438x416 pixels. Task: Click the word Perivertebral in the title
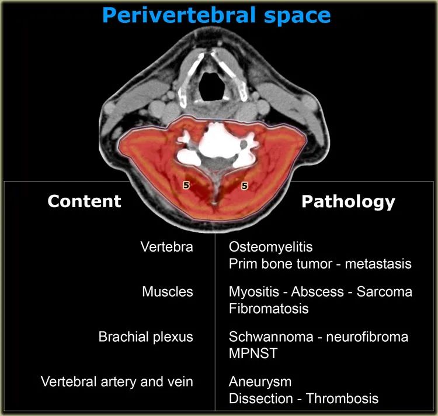pos(179,15)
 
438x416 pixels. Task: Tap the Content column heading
pos(84,201)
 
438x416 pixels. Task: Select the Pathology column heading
pos(348,201)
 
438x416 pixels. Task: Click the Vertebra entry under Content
pos(167,247)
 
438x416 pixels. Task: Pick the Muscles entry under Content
pos(168,292)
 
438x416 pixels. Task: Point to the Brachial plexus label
pos(146,337)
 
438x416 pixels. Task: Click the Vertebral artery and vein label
pos(117,381)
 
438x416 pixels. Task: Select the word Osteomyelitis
pos(270,247)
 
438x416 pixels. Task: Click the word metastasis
pos(378,264)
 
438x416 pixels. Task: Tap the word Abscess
pos(317,292)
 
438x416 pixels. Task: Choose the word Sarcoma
pos(384,292)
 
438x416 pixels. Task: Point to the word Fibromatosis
pos(269,309)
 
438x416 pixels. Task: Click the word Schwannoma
pos(271,337)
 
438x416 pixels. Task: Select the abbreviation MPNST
pos(253,353)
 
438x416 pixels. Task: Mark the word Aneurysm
pos(260,382)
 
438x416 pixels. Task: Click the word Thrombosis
pos(342,398)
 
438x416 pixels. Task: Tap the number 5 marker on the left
pos(186,185)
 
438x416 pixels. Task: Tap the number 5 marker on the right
pos(245,185)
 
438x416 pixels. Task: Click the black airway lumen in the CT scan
pos(212,87)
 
